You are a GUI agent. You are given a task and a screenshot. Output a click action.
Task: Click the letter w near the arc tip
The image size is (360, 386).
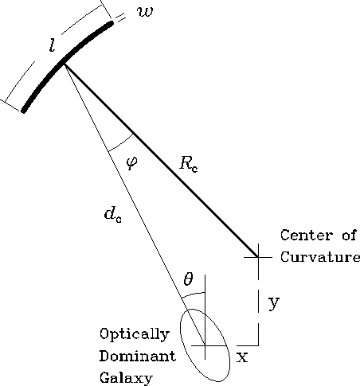tap(145, 12)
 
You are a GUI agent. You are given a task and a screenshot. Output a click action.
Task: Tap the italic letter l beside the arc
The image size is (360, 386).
tap(53, 45)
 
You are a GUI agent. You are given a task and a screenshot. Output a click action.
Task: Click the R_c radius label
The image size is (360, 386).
tap(189, 164)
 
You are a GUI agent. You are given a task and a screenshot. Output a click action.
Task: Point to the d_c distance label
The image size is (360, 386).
tap(113, 215)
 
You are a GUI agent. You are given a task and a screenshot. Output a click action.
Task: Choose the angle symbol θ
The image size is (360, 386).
tap(188, 279)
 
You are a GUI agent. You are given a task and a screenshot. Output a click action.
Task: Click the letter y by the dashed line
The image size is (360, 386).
tap(274, 303)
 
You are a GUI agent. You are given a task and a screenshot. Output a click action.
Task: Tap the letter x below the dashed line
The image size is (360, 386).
tap(242, 357)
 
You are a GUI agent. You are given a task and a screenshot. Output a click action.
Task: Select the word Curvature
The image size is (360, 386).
tap(320, 257)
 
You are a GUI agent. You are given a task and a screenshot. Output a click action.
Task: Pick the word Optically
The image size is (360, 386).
tap(135, 334)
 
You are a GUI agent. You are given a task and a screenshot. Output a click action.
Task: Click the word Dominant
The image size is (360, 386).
tap(138, 356)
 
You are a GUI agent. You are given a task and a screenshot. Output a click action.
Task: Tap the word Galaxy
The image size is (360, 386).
tap(126, 378)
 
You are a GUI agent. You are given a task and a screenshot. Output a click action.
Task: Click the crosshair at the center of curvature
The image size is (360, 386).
tap(258, 257)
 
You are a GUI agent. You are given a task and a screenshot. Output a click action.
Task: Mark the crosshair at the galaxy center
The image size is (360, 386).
tap(205, 345)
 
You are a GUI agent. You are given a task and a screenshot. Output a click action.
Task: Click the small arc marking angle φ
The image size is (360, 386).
tap(122, 143)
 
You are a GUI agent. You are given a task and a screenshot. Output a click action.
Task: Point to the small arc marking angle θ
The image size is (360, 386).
tap(193, 294)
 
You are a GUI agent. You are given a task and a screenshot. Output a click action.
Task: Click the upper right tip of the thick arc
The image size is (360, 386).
tap(111, 23)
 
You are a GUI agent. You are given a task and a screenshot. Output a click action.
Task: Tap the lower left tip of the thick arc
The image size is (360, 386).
tap(24, 110)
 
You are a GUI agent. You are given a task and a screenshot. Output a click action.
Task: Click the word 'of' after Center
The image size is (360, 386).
tap(349, 236)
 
